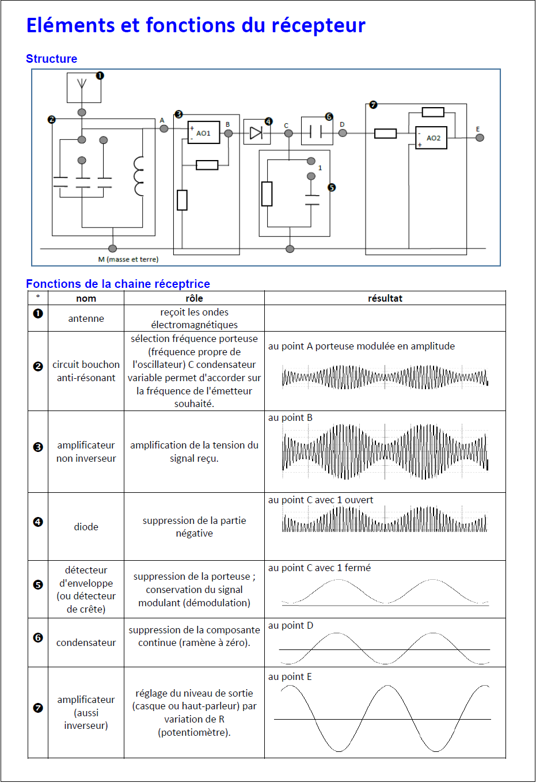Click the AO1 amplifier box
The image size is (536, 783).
(204, 133)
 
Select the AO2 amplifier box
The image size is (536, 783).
(431, 138)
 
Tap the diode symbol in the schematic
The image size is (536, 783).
(256, 133)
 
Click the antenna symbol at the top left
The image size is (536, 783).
(82, 86)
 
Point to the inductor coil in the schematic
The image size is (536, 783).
(139, 176)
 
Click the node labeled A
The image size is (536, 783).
(164, 128)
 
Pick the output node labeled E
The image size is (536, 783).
(480, 138)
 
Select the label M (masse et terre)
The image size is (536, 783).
(128, 260)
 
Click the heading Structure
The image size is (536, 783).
(51, 59)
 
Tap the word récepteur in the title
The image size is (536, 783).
(318, 25)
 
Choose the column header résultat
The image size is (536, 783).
(385, 298)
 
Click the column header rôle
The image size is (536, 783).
(194, 298)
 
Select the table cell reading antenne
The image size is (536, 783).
(86, 318)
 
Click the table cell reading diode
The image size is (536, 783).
(86, 527)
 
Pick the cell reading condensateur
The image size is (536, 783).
(86, 643)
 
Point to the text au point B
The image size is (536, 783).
(290, 417)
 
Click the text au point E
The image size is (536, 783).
(290, 676)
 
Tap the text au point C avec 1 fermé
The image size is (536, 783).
(319, 568)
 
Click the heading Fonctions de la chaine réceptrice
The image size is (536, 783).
(117, 284)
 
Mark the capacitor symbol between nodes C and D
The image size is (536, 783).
(315, 132)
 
